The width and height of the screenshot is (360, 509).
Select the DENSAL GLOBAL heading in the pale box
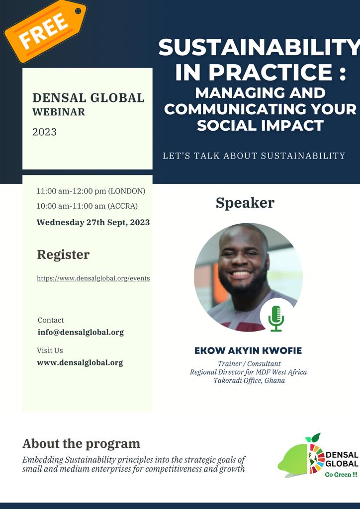pyautogui.click(x=89, y=98)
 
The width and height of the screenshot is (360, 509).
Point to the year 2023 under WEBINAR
pyautogui.click(x=44, y=132)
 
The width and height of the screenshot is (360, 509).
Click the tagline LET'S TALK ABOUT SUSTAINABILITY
pyautogui.click(x=254, y=156)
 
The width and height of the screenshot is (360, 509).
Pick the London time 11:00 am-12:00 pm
pyautogui.click(x=90, y=191)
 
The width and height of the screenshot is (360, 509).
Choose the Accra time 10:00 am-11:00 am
pyautogui.click(x=87, y=206)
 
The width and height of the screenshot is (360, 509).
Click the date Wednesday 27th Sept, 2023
pyautogui.click(x=93, y=222)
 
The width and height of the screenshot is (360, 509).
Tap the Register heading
pyautogui.click(x=63, y=255)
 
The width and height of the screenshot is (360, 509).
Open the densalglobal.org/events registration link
pyautogui.click(x=93, y=278)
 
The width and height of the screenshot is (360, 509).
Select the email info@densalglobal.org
pyautogui.click(x=81, y=332)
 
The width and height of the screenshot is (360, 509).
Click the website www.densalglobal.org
pyautogui.click(x=80, y=362)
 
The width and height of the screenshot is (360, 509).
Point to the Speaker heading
pyautogui.click(x=245, y=203)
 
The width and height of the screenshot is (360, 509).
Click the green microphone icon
pyautogui.click(x=276, y=318)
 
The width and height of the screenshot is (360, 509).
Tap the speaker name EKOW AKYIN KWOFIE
pyautogui.click(x=248, y=350)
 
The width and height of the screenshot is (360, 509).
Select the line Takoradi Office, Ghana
pyautogui.click(x=249, y=380)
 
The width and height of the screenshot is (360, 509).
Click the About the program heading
pyautogui.click(x=81, y=444)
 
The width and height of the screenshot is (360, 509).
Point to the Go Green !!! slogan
pyautogui.click(x=341, y=475)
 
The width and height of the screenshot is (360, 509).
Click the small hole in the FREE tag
pyautogui.click(x=78, y=11)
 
